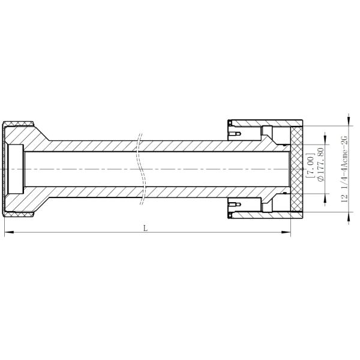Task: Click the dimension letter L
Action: click(146, 227)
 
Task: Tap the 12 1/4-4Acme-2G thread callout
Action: click(344, 170)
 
